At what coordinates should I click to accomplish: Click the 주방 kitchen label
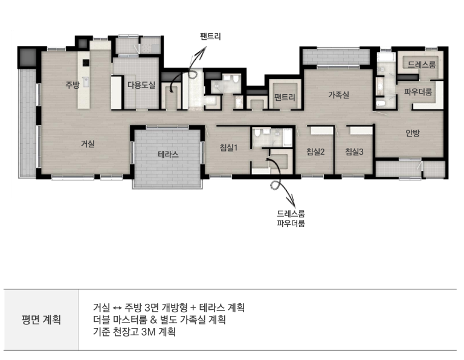coord(72,85)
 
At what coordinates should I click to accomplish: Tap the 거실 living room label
coord(88,144)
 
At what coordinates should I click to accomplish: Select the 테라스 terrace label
coord(168,155)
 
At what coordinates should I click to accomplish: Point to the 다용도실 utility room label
coord(141,85)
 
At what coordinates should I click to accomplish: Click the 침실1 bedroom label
coord(229,147)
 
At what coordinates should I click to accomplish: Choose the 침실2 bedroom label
coord(315,152)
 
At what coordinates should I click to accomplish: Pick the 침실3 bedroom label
coord(354,152)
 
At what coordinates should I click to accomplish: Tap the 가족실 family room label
coord(338,95)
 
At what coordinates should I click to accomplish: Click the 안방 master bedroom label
coord(413,133)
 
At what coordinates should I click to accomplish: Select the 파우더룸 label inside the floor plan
coord(418,92)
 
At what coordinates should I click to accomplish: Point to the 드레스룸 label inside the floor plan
coord(422,65)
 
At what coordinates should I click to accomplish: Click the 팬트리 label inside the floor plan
coord(285,97)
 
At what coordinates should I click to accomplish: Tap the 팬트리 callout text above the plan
coord(210,37)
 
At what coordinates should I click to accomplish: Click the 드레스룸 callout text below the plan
coord(291,214)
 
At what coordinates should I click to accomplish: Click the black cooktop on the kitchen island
coord(86,63)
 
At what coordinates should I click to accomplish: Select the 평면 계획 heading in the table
coord(41,320)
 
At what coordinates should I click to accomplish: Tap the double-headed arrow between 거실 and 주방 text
coord(117,308)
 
